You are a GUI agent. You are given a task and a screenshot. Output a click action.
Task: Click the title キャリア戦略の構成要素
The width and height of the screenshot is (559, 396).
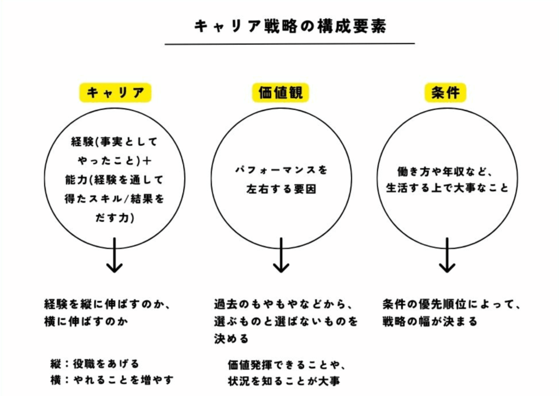coord(290,26)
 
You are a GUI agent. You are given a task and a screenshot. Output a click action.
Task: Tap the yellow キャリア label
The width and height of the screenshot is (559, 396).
coord(115,93)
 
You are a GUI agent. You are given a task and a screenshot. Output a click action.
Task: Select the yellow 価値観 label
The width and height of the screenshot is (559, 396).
coord(281,93)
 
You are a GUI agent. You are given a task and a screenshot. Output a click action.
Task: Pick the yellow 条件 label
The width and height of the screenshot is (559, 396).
coord(445,93)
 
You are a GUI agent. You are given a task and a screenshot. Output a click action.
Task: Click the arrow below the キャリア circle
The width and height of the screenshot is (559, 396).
coord(115,255)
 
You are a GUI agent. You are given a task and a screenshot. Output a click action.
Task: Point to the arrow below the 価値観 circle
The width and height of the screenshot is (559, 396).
coord(281,255)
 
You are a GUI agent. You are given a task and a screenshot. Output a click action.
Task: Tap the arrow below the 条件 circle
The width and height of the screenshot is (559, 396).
coord(447,255)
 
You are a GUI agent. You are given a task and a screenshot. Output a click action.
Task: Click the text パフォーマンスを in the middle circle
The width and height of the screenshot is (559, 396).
coord(281,170)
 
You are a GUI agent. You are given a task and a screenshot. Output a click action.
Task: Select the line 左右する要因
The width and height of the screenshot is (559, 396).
coord(281,189)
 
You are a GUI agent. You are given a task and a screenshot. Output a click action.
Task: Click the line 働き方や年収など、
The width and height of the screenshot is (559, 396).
coord(445,172)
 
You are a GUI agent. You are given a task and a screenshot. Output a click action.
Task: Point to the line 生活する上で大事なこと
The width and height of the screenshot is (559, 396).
coord(447,188)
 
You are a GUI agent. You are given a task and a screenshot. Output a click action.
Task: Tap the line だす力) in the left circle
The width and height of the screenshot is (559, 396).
coord(115,217)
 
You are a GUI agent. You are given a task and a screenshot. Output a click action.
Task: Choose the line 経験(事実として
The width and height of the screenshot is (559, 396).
coord(115,142)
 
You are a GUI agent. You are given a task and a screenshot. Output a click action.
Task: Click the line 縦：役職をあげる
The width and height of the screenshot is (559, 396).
coord(95,364)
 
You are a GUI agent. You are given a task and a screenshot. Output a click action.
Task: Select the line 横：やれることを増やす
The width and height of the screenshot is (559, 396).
coord(112,380)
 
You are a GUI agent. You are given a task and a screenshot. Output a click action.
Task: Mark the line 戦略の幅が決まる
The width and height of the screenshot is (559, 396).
coord(430,321)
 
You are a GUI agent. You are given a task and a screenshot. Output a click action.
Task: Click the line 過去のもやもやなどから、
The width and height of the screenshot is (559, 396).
coord(283,304)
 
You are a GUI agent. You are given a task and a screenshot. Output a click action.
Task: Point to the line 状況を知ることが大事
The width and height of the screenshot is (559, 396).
coord(284,381)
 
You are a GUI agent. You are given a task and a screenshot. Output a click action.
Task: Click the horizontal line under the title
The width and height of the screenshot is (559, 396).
coord(290,44)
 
